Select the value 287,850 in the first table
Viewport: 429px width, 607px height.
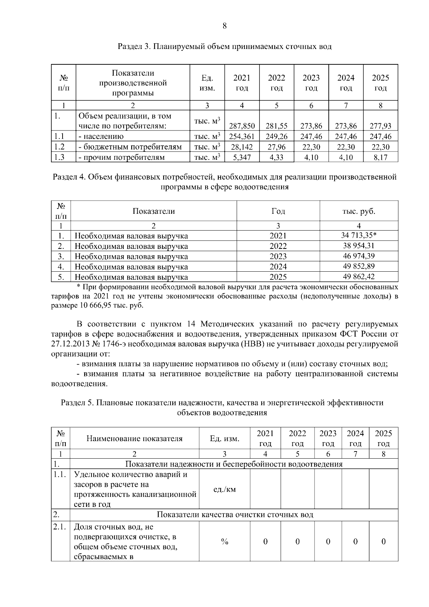click(x=242, y=126)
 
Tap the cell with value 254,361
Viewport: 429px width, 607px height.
click(x=242, y=136)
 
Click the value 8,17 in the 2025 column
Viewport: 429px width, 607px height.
click(x=380, y=157)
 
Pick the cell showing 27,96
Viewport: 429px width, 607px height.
click(x=276, y=147)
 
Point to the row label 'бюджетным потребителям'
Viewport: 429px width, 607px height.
click(x=130, y=147)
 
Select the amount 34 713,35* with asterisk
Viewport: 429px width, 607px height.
click(x=359, y=235)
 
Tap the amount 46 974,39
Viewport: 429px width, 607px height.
click(x=359, y=256)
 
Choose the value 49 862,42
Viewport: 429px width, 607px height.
click(x=359, y=277)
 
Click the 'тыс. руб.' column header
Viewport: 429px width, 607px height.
click(x=359, y=211)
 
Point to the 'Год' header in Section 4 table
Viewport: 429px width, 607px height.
click(x=278, y=211)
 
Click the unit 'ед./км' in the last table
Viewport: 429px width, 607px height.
click(x=224, y=489)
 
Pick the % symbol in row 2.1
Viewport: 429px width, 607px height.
click(x=224, y=542)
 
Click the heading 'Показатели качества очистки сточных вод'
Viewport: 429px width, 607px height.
click(x=235, y=515)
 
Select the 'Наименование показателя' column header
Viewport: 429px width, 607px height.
click(x=134, y=439)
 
